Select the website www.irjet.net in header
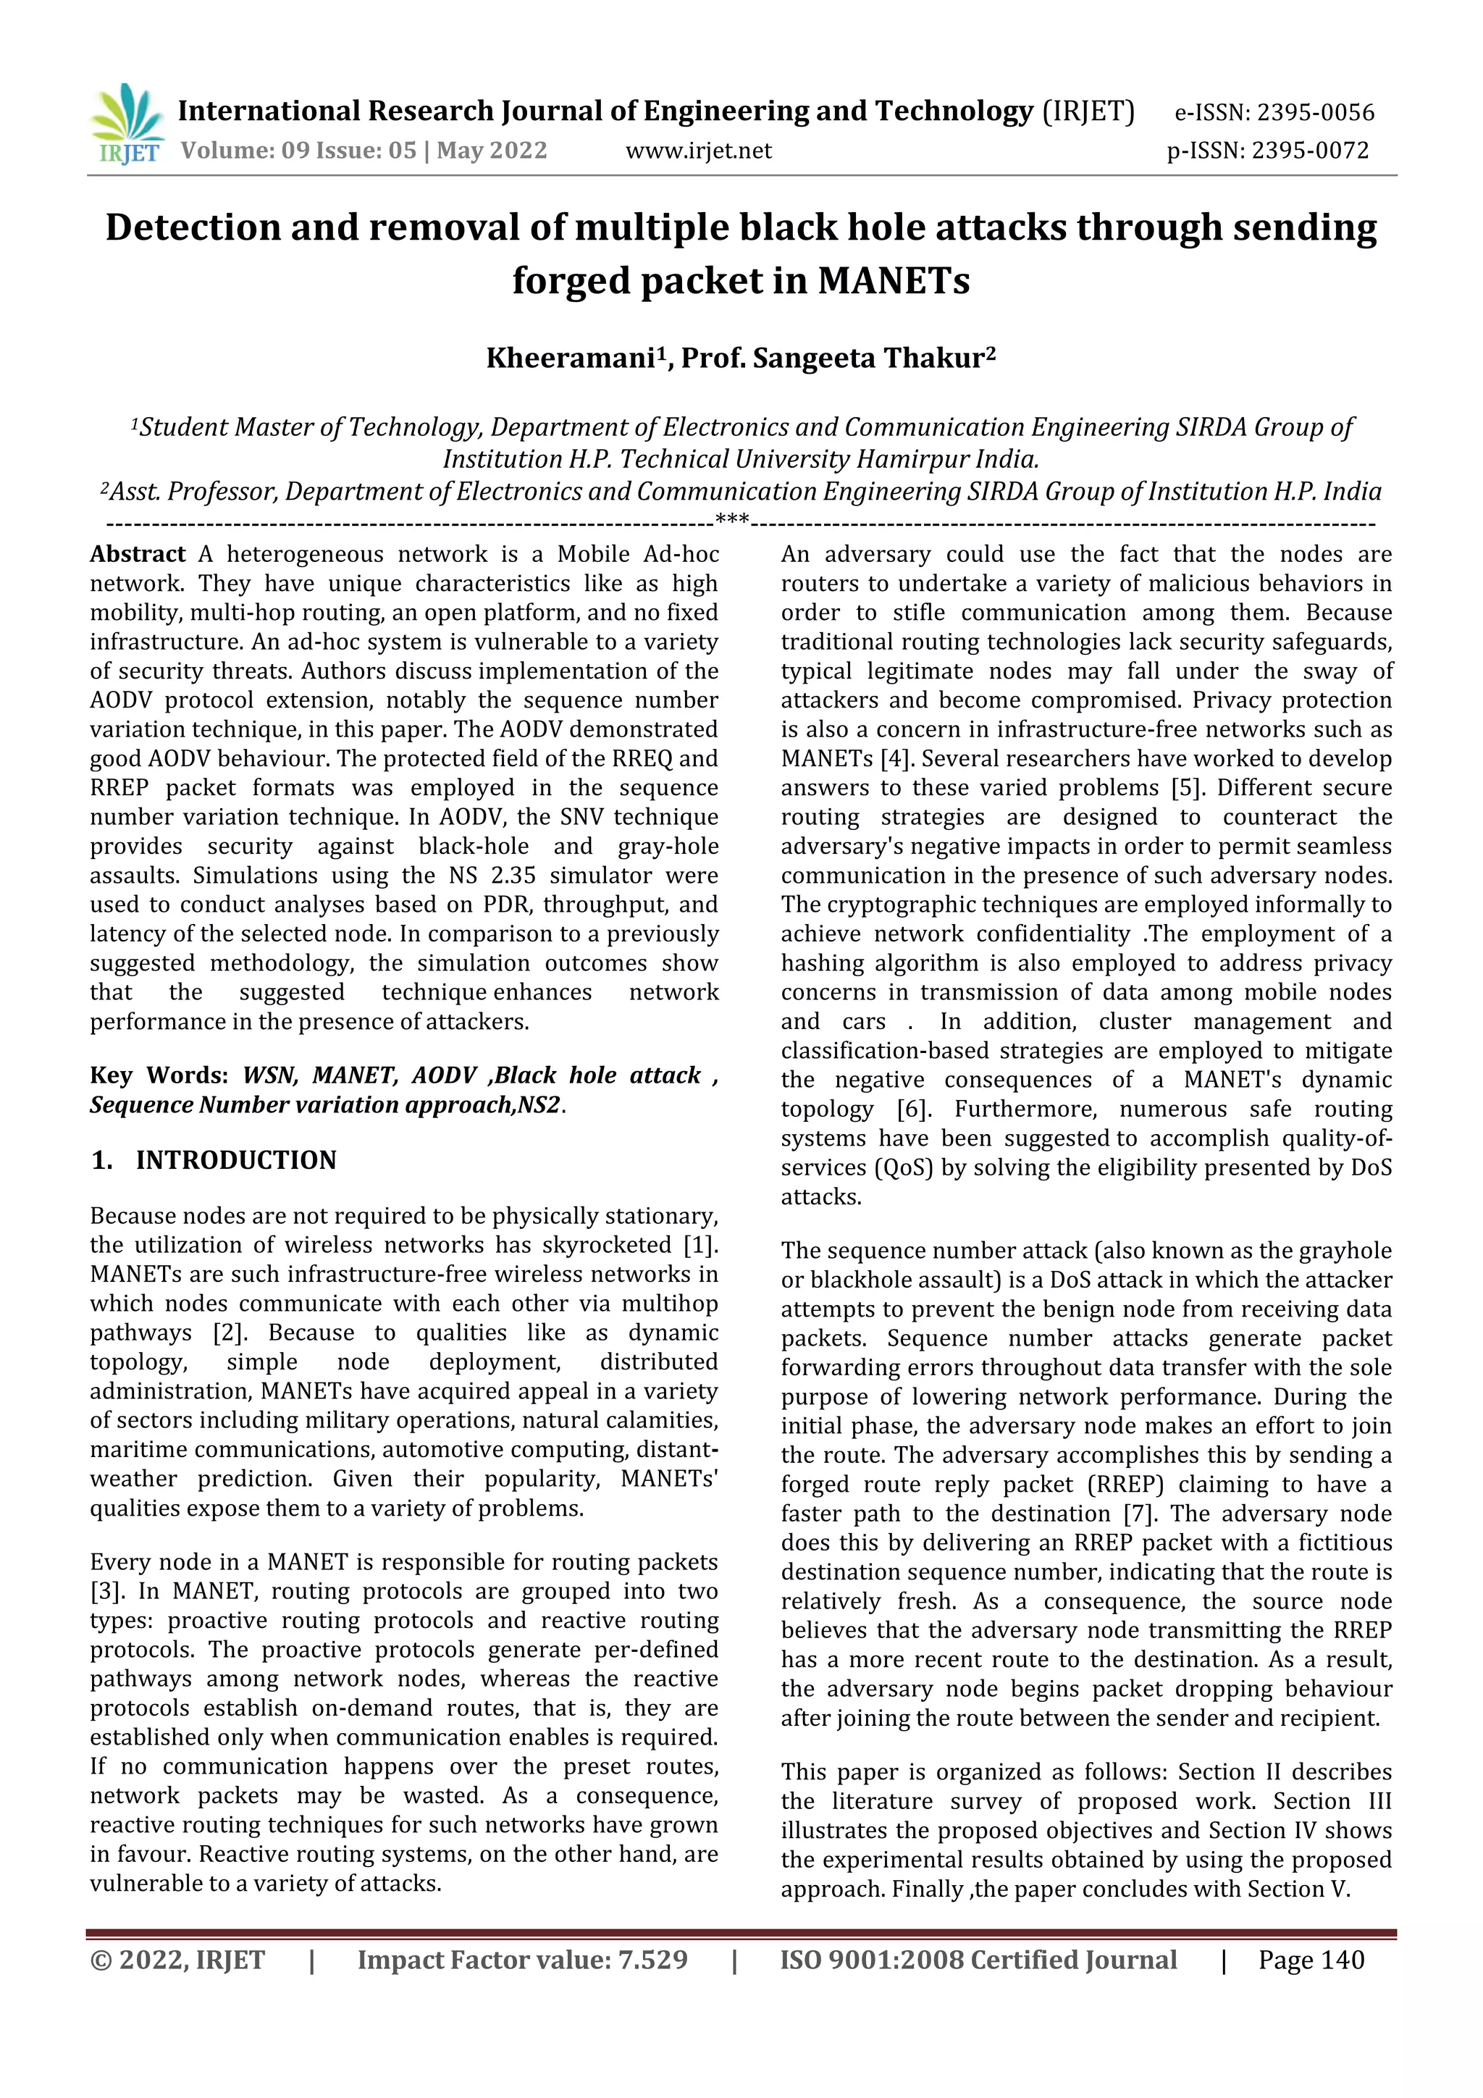coord(698,151)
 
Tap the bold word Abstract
coord(137,555)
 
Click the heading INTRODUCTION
coord(236,1160)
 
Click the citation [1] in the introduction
coord(701,1246)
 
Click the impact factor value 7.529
coord(652,1960)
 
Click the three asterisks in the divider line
coord(732,521)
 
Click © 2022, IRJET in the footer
coord(177,1960)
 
